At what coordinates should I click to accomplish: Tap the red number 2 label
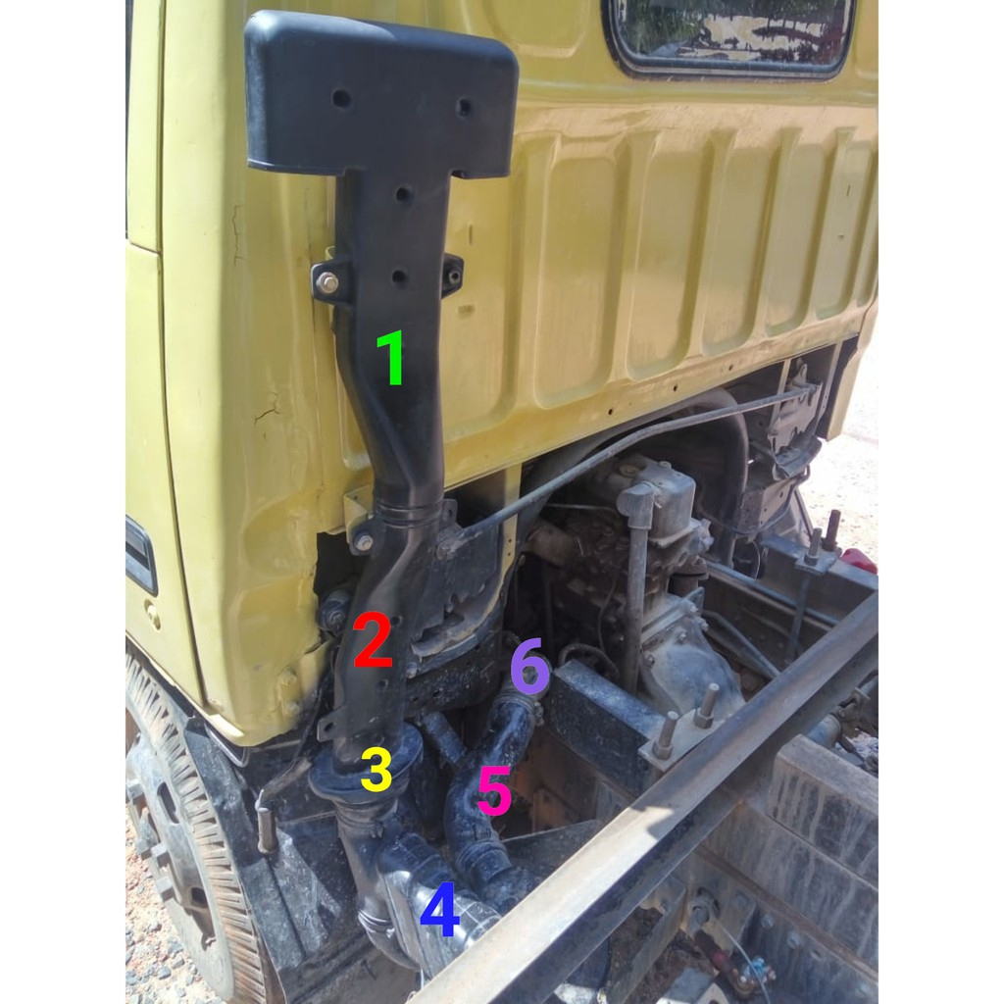(374, 640)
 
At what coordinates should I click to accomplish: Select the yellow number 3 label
(376, 771)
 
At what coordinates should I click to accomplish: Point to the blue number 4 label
(439, 910)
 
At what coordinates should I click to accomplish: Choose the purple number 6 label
(529, 667)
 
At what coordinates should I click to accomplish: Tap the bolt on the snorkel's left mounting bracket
(327, 282)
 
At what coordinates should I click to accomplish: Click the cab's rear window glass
(730, 33)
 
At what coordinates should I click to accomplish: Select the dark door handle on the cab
(140, 555)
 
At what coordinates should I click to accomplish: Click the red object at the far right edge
(859, 560)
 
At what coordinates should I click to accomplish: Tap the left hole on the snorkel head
(340, 98)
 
